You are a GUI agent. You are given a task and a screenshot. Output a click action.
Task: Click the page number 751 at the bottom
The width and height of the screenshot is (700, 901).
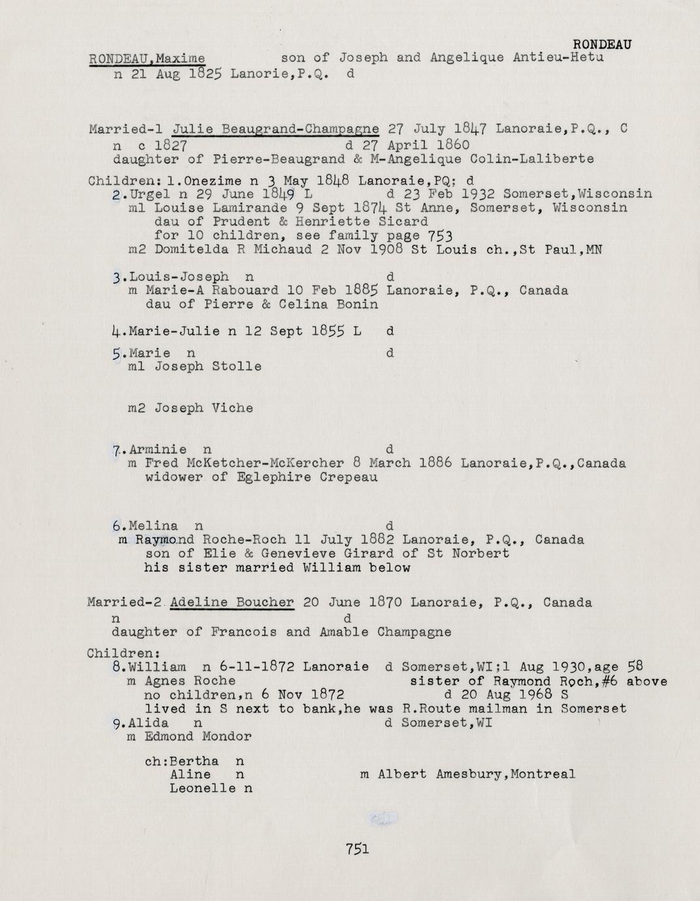point(358,849)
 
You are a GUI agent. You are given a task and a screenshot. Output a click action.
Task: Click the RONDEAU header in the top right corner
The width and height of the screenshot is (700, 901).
point(601,44)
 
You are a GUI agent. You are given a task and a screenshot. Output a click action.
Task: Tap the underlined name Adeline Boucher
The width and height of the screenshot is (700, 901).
point(232,602)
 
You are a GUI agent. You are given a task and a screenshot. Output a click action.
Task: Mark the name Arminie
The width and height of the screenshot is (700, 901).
point(158,450)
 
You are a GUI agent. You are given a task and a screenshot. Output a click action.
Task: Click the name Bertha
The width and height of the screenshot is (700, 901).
point(193,761)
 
